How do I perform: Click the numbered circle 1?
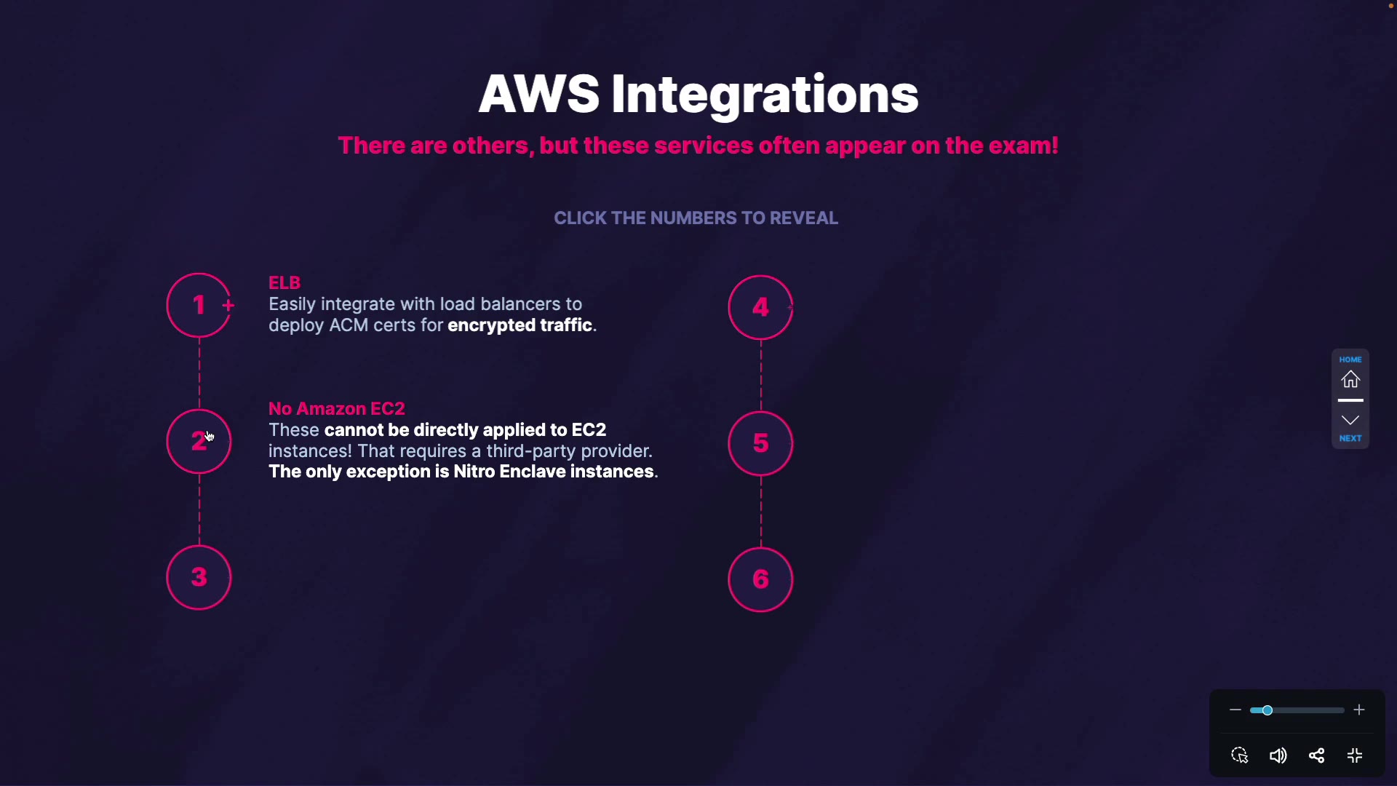click(x=199, y=306)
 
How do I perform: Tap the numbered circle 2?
click(x=199, y=442)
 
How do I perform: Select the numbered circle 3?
click(x=199, y=578)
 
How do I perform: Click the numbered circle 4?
click(x=760, y=307)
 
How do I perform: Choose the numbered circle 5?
click(x=760, y=443)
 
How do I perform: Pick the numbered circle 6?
click(x=760, y=579)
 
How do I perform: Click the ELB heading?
click(x=284, y=282)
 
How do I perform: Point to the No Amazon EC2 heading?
click(x=336, y=408)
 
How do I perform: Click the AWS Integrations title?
click(x=698, y=94)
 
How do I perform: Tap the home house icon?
click(x=1350, y=379)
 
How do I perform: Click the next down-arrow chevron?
click(x=1350, y=420)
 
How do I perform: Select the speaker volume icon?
click(x=1278, y=755)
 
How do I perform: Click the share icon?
click(x=1316, y=755)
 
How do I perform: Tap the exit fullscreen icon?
click(x=1355, y=755)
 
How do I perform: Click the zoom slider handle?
click(x=1267, y=710)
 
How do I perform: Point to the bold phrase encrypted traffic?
click(x=520, y=325)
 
